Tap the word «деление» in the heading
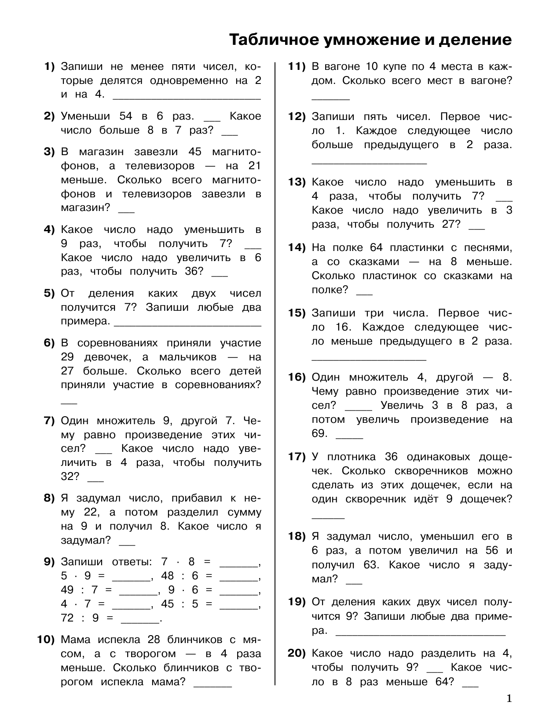coord(476,40)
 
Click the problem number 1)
coord(49,67)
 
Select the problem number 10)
coord(45,640)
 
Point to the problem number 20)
coord(297,654)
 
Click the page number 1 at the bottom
coord(509,698)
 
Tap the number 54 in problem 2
coord(125,116)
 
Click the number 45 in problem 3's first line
coord(194,152)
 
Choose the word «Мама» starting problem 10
coord(76,640)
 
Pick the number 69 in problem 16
coord(319,434)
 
